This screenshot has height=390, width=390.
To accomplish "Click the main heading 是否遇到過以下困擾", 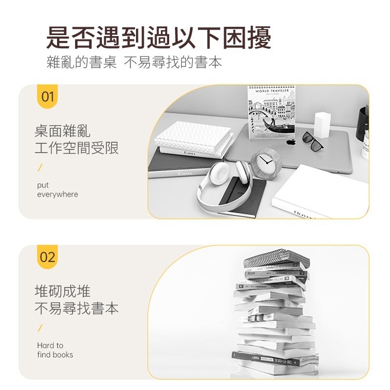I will [158, 38].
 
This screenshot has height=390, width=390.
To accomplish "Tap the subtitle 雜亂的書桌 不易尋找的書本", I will [134, 63].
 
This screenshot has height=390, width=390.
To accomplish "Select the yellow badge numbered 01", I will [47, 96].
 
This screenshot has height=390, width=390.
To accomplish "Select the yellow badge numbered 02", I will [47, 256].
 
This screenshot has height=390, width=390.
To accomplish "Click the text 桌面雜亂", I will [62, 131].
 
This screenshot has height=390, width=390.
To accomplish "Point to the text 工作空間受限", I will [77, 148].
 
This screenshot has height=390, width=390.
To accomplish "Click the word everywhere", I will [58, 195].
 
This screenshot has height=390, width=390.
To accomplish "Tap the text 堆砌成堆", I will [62, 291].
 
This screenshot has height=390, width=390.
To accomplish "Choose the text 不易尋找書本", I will [77, 309].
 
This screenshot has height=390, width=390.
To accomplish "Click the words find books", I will [55, 355].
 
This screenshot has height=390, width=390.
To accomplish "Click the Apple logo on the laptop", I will [291, 142].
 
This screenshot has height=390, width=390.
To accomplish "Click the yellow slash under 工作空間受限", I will [40, 168].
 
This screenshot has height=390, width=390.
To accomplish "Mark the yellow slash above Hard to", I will [40, 328].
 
